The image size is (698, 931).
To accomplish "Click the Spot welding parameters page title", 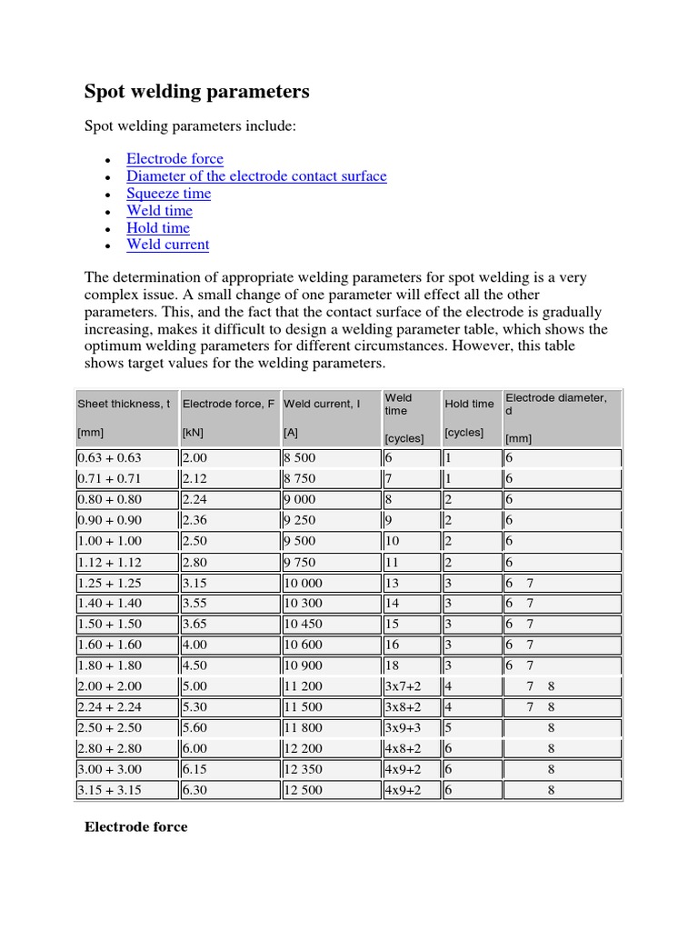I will (x=196, y=92).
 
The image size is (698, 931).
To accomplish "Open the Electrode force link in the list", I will (x=174, y=159).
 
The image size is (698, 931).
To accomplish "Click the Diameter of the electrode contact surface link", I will (x=256, y=176).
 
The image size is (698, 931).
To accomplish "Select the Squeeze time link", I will (x=168, y=194).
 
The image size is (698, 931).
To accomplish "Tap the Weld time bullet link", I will (x=159, y=211).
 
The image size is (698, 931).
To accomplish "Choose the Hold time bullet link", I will (x=158, y=228).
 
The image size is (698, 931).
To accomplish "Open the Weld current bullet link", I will (x=167, y=245).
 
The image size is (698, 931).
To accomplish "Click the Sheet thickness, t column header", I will (x=124, y=404).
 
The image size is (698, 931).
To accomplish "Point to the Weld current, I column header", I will (x=322, y=404).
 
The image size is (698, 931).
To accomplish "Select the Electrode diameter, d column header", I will (x=556, y=404).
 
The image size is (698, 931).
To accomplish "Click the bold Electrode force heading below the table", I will (x=135, y=826).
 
